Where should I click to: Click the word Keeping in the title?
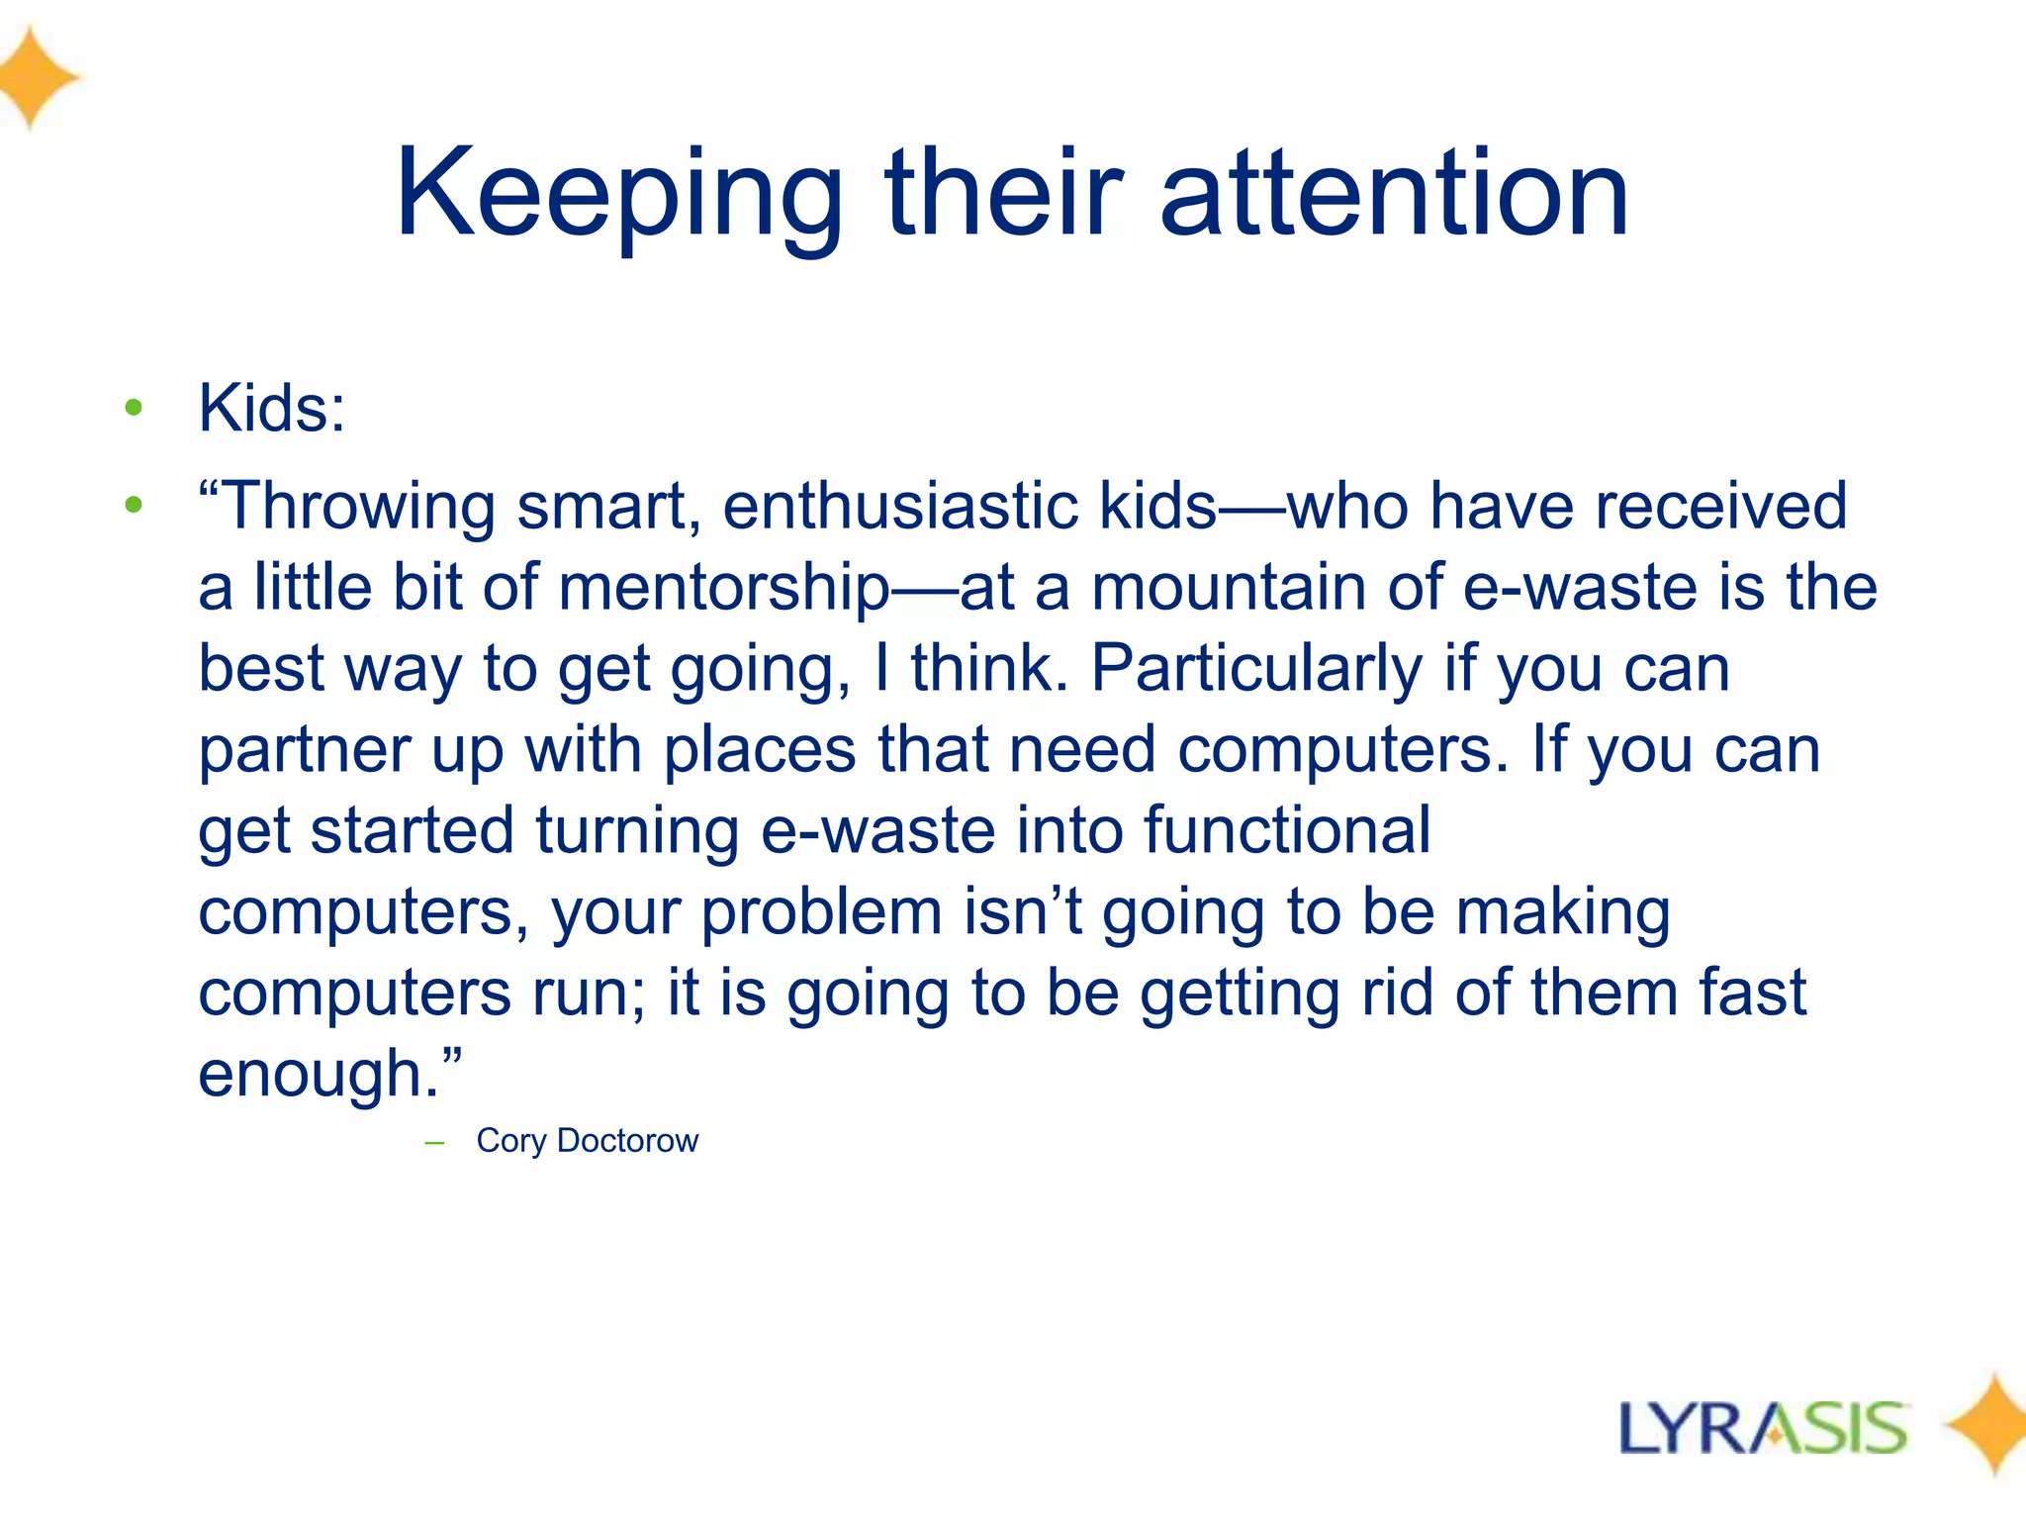[618, 195]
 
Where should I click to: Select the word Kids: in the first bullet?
[272, 408]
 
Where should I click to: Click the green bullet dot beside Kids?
[134, 408]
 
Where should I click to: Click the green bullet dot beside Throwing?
[134, 506]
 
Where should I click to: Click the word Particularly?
[1256, 669]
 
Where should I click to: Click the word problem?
[821, 911]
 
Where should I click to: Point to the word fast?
[1752, 993]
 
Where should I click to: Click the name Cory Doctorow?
[587, 1141]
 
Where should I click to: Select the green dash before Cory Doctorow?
[433, 1143]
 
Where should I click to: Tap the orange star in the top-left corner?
[35, 77]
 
